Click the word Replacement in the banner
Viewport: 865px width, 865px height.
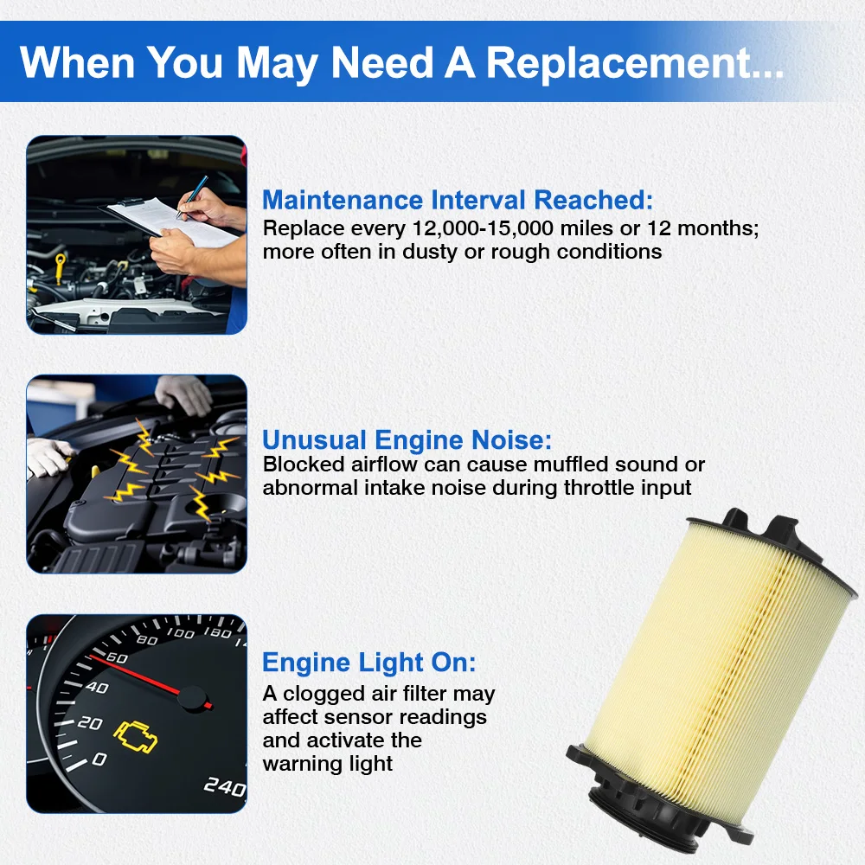pyautogui.click(x=634, y=63)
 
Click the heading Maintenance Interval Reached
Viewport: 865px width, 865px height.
pyautogui.click(x=458, y=200)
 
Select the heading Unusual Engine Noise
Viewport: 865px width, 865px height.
pyautogui.click(x=407, y=439)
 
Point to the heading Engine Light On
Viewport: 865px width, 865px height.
pyautogui.click(x=368, y=662)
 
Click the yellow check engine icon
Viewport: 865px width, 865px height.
pyautogui.click(x=136, y=736)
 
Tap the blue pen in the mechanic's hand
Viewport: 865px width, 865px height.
pyautogui.click(x=192, y=197)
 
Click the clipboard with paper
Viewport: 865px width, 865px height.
pyautogui.click(x=169, y=221)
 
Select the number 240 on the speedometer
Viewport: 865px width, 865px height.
pyautogui.click(x=225, y=786)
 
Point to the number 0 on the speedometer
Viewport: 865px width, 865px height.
pyautogui.click(x=99, y=759)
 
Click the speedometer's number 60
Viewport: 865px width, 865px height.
pyautogui.click(x=117, y=657)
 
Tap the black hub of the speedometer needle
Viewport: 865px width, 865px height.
pyautogui.click(x=193, y=698)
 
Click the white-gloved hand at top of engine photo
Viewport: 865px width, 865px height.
pyautogui.click(x=183, y=394)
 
